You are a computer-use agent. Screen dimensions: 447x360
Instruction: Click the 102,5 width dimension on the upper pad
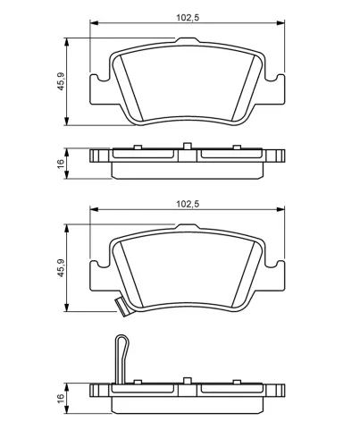[186, 15]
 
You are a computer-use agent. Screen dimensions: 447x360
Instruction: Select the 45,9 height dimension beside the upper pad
[62, 81]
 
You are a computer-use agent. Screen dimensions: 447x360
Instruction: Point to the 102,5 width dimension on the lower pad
[186, 205]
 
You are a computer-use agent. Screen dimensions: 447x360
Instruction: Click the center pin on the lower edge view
[186, 382]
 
